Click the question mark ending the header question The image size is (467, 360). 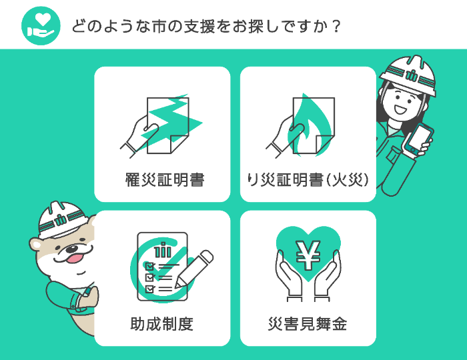[x=336, y=26]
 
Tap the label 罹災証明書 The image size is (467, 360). [x=164, y=179]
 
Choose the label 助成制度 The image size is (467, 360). [x=162, y=325]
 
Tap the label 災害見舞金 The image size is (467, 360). [x=308, y=325]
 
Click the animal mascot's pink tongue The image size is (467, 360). [x=74, y=258]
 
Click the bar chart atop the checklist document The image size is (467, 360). [x=160, y=251]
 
